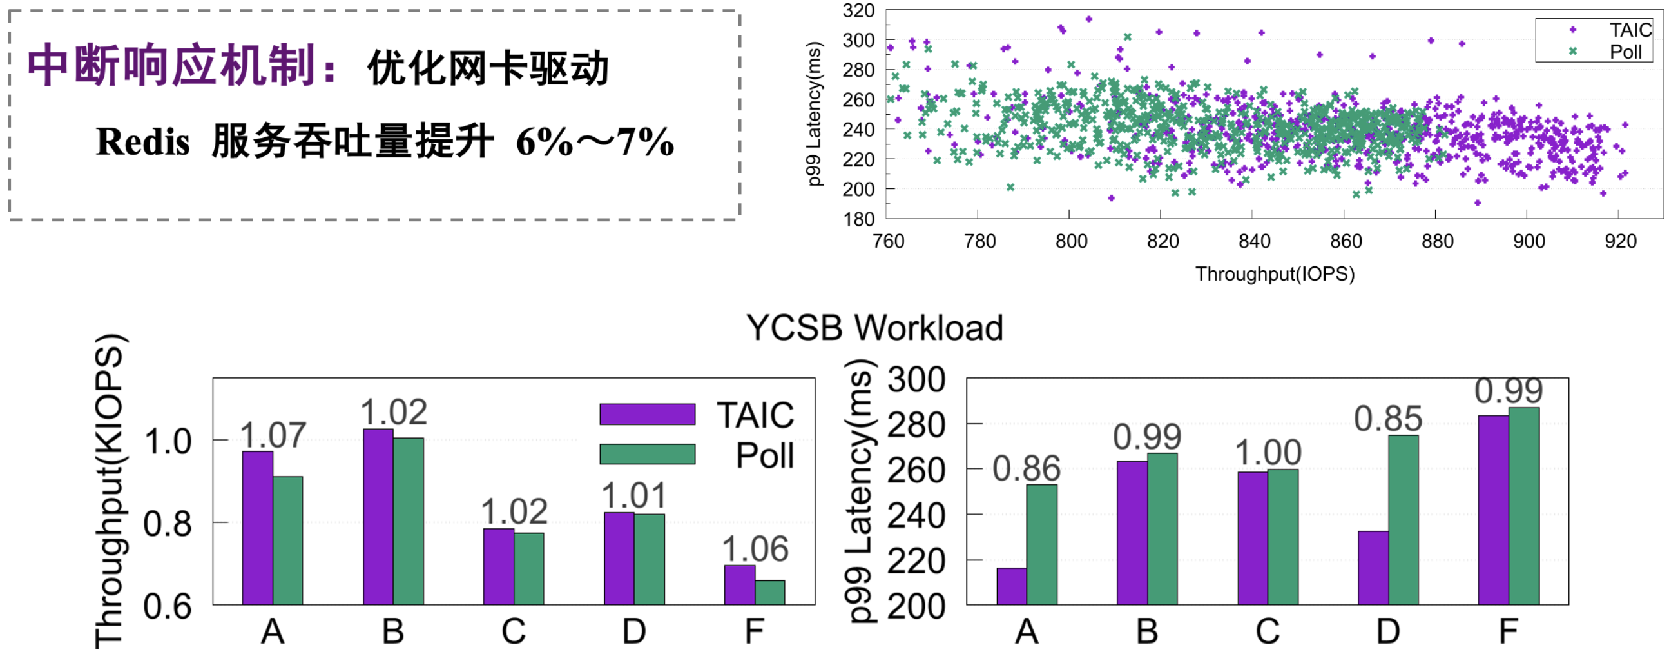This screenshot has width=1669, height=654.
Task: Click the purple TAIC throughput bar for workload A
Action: coord(257,528)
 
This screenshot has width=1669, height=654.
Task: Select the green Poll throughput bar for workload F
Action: coord(769,593)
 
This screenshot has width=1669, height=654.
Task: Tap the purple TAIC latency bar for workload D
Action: coord(1373,568)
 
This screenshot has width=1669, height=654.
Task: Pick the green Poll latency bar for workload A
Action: coord(1042,544)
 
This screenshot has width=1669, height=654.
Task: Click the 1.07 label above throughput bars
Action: coord(273,435)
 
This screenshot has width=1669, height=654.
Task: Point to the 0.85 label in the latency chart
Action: coord(1388,419)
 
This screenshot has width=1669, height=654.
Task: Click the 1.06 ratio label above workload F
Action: coord(755,550)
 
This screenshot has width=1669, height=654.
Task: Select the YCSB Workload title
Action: coord(874,328)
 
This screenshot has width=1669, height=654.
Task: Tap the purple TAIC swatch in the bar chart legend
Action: coord(647,414)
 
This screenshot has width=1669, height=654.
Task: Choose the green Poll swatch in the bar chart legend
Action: coord(647,453)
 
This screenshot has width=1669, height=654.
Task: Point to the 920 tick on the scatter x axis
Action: coord(1620,241)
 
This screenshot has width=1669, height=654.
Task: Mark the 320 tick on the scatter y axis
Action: coord(858,10)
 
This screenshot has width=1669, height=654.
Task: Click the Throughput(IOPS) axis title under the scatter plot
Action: coord(1275,274)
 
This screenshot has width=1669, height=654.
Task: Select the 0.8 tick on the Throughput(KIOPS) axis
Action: coord(168,524)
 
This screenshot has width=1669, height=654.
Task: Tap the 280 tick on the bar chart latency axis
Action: coord(916,425)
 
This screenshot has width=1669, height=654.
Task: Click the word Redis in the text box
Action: coord(142,142)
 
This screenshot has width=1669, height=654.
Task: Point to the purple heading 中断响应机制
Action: coord(171,66)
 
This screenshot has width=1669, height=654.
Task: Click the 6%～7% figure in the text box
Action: coord(595,142)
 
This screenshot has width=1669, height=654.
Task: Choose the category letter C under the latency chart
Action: coord(1268,631)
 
